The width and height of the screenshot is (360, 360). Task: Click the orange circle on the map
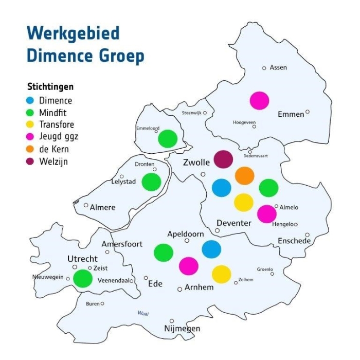click(245, 175)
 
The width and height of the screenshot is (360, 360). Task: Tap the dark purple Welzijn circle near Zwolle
click(223, 159)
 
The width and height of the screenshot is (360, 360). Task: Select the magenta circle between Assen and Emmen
click(259, 100)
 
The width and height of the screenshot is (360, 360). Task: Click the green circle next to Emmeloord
click(168, 138)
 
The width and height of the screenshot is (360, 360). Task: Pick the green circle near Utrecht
click(82, 278)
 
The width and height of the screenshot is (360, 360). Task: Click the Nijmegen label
click(182, 329)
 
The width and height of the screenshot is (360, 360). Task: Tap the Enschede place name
click(294, 241)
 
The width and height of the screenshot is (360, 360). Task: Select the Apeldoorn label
click(186, 234)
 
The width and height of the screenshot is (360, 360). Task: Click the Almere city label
click(102, 207)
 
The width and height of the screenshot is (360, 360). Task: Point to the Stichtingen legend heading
click(50, 86)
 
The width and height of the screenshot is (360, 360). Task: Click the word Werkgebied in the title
click(73, 33)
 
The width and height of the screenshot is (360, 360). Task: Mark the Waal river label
click(143, 313)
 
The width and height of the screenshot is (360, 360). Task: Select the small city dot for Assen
click(264, 68)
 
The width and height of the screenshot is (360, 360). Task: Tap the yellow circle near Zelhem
click(221, 274)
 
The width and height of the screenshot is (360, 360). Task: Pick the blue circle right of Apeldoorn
click(211, 249)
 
